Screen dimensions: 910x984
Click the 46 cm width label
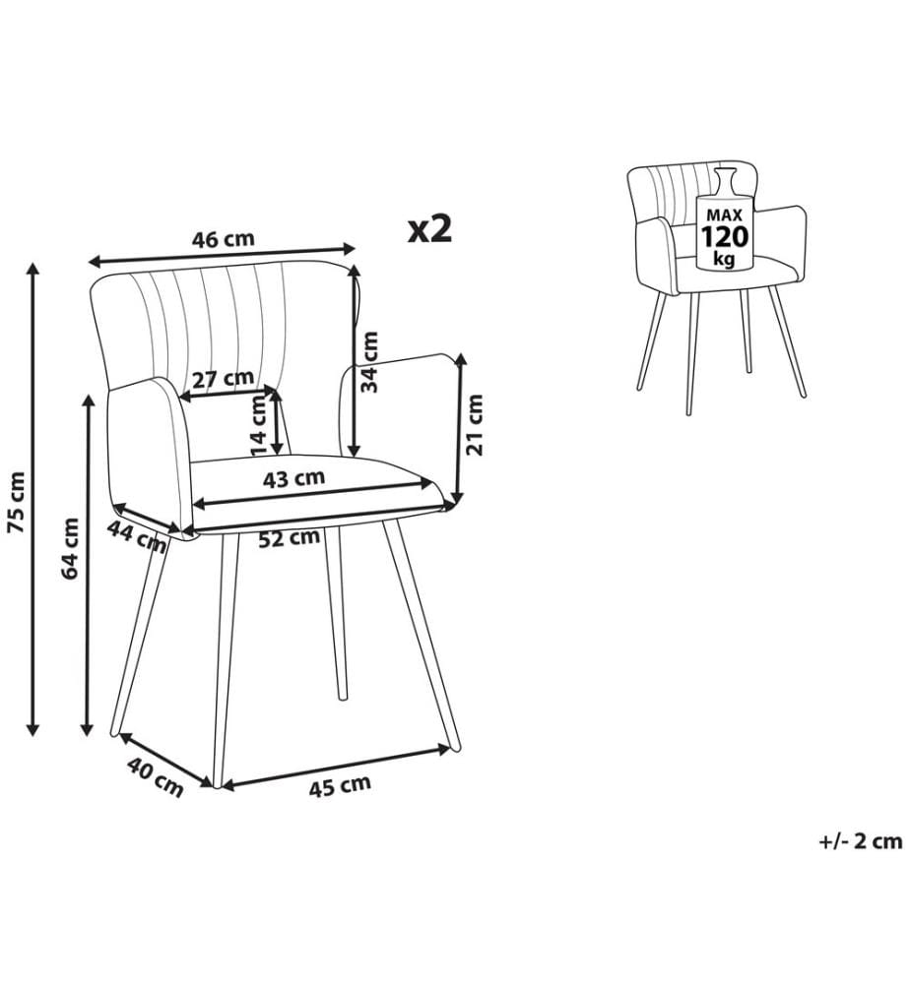tap(224, 239)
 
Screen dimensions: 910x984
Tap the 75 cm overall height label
tap(17, 502)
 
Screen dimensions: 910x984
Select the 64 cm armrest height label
tap(71, 548)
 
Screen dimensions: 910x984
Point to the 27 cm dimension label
tap(223, 379)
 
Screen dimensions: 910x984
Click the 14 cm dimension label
tap(259, 425)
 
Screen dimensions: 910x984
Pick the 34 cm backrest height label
tap(370, 362)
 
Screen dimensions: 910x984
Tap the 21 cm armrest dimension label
tap(476, 425)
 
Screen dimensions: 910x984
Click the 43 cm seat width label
tap(293, 479)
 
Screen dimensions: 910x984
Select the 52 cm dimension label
tap(290, 537)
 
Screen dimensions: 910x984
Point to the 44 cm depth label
tap(137, 536)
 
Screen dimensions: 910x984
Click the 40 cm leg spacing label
tap(156, 777)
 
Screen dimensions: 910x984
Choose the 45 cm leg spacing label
tap(340, 785)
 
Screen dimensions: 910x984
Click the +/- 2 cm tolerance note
tap(861, 841)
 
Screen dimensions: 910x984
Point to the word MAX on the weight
tap(724, 215)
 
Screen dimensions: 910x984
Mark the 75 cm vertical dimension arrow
tap(32, 499)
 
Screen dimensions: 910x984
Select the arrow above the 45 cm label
tap(336, 767)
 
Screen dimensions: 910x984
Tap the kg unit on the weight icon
tap(724, 259)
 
